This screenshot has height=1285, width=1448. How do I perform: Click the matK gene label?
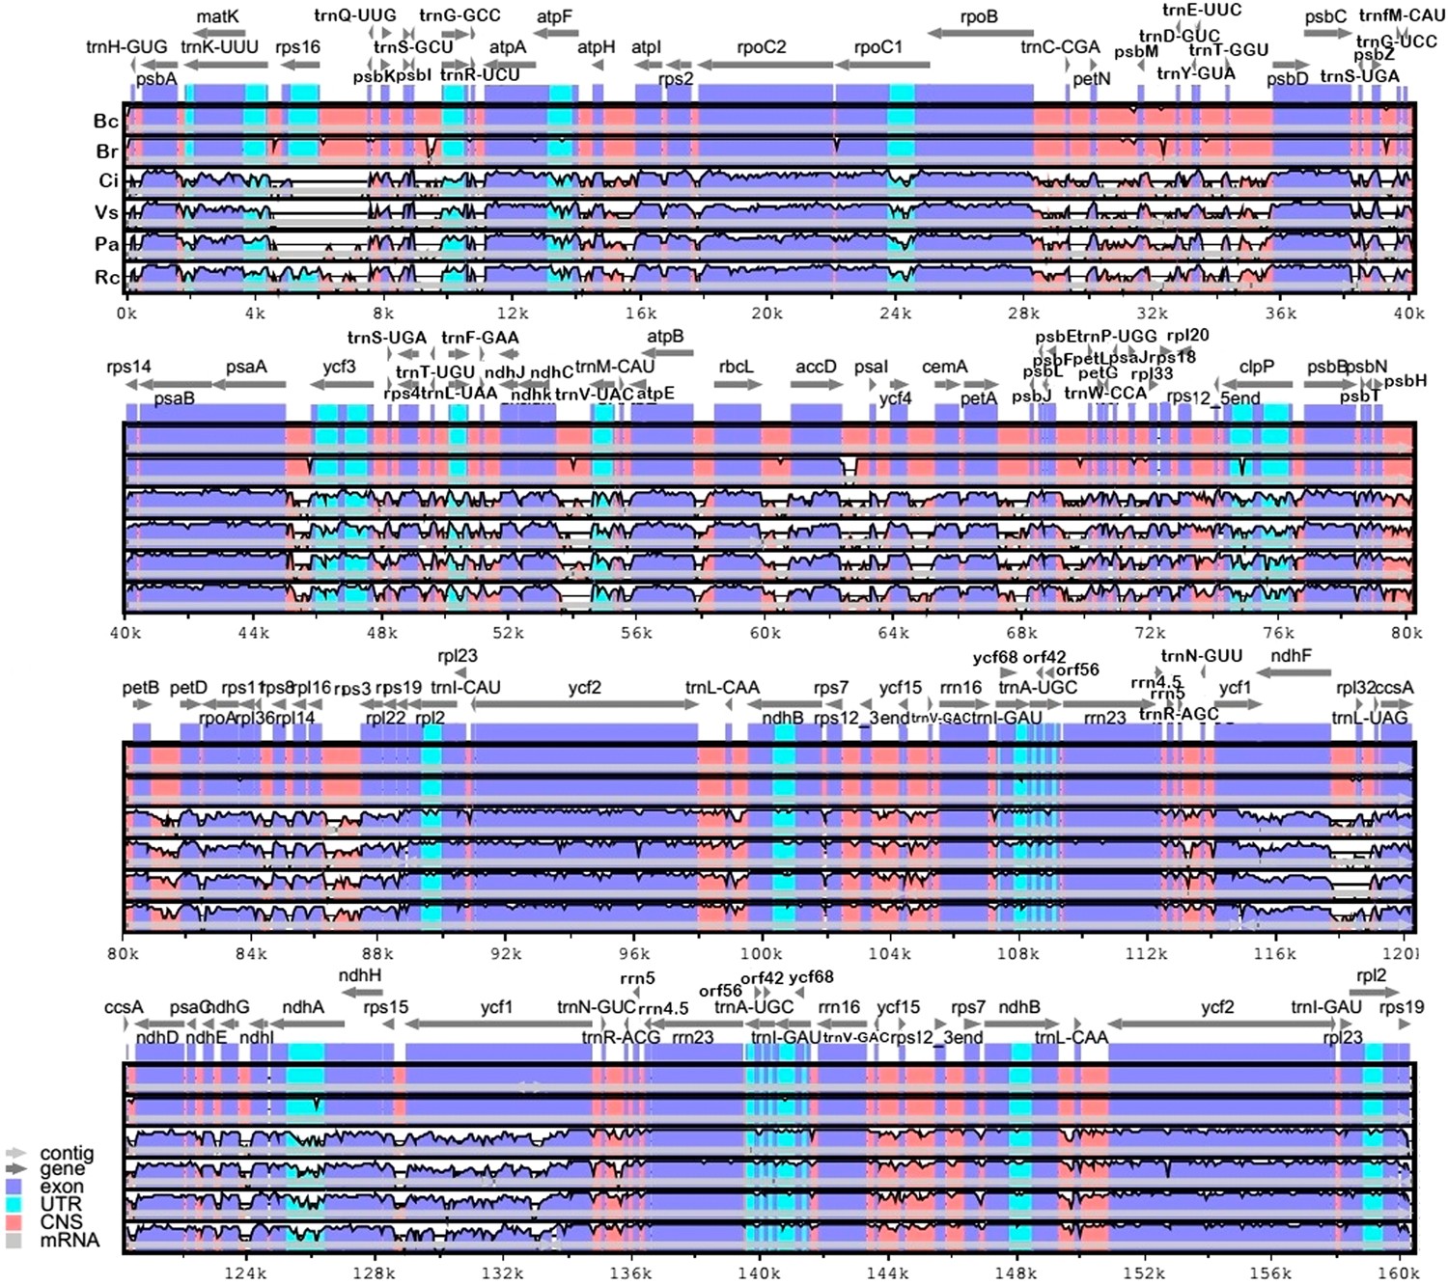[217, 16]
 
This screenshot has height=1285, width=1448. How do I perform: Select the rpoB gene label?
[979, 16]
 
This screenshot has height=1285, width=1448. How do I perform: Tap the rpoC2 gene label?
[761, 47]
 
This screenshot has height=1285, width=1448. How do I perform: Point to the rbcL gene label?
[736, 367]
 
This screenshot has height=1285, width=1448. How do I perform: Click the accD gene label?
[816, 367]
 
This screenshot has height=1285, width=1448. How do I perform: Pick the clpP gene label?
[1257, 367]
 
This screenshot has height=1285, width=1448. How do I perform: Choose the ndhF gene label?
[1291, 656]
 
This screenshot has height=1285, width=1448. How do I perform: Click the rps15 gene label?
[385, 1007]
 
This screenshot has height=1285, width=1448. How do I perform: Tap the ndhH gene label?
[360, 975]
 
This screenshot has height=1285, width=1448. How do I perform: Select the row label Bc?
[106, 122]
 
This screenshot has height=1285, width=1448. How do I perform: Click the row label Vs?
[106, 213]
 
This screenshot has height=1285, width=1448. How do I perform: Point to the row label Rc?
[106, 278]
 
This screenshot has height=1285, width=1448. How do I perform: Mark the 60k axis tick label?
[765, 633]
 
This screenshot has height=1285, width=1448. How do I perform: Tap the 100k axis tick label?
[761, 954]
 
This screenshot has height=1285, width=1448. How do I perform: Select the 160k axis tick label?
[1398, 1273]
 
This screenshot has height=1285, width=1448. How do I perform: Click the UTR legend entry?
[60, 1204]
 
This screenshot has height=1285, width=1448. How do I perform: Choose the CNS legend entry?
[60, 1221]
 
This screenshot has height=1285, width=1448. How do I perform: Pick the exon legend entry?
[60, 1187]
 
